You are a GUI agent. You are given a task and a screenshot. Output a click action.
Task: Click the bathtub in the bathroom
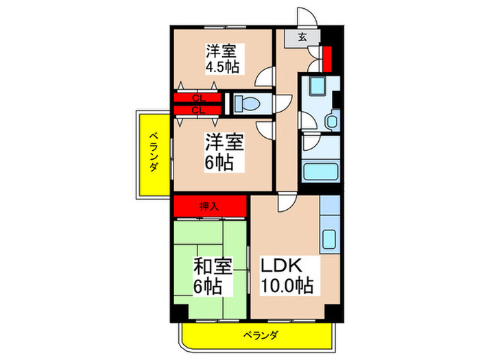coord(319,171)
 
